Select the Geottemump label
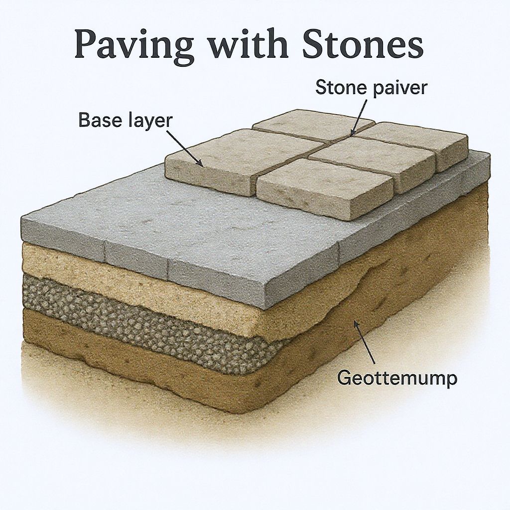point(397,379)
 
